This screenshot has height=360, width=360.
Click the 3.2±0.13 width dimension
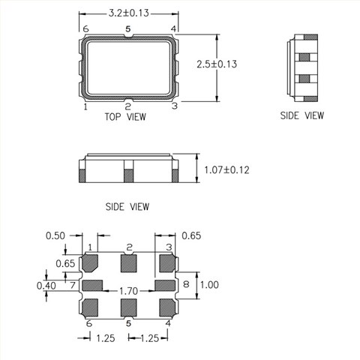(x=129, y=13)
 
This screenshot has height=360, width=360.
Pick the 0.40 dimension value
(x=46, y=285)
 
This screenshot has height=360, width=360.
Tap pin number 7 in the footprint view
(x=72, y=285)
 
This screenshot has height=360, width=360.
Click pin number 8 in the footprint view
(x=186, y=285)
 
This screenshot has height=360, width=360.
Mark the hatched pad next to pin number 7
(x=92, y=285)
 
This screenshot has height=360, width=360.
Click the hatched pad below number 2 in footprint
(x=129, y=262)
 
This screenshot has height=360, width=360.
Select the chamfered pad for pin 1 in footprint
(x=92, y=263)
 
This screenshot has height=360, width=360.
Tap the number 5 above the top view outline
(x=128, y=29)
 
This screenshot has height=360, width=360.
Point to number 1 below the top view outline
(x=85, y=107)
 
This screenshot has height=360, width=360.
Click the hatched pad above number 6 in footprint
(x=92, y=306)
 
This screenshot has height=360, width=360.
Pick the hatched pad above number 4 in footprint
(x=166, y=306)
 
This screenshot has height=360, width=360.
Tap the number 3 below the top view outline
(x=174, y=106)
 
